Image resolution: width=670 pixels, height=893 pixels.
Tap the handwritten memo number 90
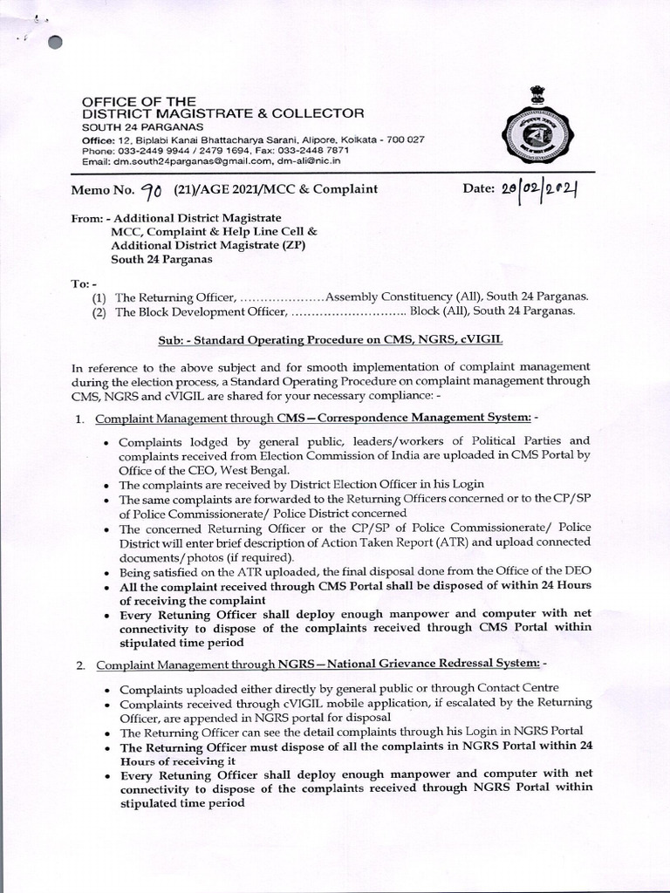click(x=152, y=189)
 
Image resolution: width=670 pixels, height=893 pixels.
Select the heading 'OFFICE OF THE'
click(x=139, y=101)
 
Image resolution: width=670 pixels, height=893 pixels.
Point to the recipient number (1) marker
click(x=99, y=297)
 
